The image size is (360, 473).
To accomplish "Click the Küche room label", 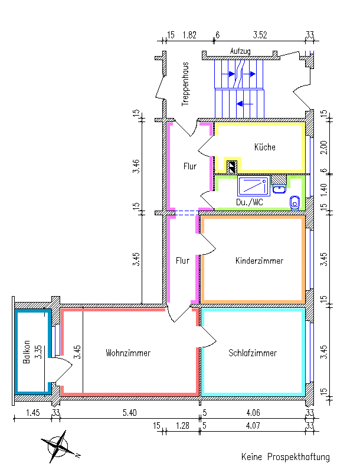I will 265,147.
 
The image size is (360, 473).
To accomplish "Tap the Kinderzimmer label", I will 259,260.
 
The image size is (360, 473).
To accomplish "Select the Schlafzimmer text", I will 253,353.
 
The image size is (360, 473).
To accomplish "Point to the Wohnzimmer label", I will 128,353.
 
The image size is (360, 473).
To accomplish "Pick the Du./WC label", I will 250,202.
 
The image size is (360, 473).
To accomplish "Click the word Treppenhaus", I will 185,84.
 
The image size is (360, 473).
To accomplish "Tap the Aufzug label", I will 240,51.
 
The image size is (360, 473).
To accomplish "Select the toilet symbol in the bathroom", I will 295,202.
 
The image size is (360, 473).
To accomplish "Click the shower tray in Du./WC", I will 253,185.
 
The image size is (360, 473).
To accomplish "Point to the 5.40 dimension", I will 128,412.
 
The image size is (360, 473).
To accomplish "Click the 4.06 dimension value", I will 254,412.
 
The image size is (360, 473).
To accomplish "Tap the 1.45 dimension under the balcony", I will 33,412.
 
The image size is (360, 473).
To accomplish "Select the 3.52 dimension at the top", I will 260,35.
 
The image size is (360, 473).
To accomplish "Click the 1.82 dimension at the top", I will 189,35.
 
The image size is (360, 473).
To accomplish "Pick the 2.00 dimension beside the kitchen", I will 323,147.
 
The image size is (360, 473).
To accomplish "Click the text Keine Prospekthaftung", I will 285,457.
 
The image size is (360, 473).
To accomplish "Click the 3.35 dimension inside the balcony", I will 37,353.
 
